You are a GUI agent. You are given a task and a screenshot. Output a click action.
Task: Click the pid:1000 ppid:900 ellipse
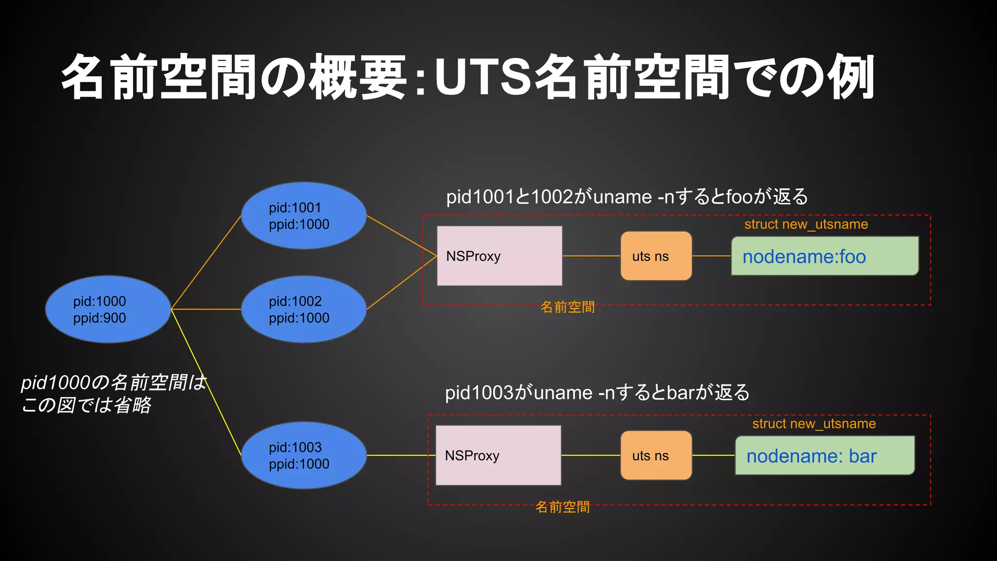tap(108, 309)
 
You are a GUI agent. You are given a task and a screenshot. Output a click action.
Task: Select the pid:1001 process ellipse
tap(304, 216)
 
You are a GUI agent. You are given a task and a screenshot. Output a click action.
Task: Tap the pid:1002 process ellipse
tap(304, 309)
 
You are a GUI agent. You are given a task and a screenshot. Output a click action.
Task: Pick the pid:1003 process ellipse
tap(304, 455)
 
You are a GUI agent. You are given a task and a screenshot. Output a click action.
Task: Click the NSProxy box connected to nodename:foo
tap(499, 256)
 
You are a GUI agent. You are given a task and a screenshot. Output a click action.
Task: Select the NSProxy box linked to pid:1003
tap(498, 455)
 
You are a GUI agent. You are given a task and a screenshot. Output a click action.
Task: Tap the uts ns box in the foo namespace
tap(656, 256)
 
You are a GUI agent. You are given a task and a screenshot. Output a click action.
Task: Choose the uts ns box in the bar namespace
tap(656, 455)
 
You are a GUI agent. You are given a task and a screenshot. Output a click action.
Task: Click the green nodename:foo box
tap(825, 256)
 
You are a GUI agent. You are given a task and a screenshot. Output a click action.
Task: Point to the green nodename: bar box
tap(825, 456)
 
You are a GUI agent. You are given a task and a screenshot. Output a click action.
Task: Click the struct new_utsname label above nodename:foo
tap(806, 224)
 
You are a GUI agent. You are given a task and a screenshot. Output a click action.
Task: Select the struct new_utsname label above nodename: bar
tap(814, 424)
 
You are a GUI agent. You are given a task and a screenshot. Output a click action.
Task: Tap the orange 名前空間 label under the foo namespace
tap(568, 307)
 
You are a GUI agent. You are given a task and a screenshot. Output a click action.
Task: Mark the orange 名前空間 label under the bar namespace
tap(562, 507)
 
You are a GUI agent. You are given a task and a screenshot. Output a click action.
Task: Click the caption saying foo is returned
tap(627, 197)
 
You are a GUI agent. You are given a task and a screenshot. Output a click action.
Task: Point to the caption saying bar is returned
tap(597, 393)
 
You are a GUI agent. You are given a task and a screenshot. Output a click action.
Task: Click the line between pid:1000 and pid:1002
tap(206, 309)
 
